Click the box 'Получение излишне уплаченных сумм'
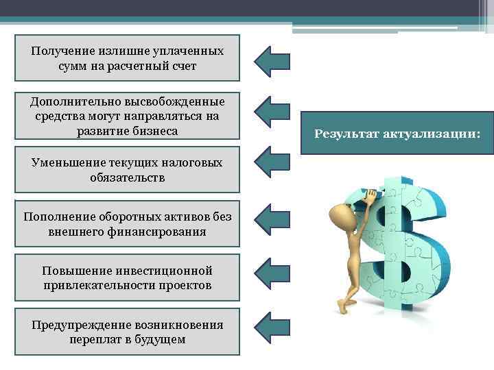point(128,58)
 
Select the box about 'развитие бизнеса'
point(128,116)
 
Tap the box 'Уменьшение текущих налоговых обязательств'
point(128,169)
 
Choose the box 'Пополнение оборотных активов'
point(128,224)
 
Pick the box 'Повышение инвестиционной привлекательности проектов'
point(128,277)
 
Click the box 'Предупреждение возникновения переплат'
point(128,332)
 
